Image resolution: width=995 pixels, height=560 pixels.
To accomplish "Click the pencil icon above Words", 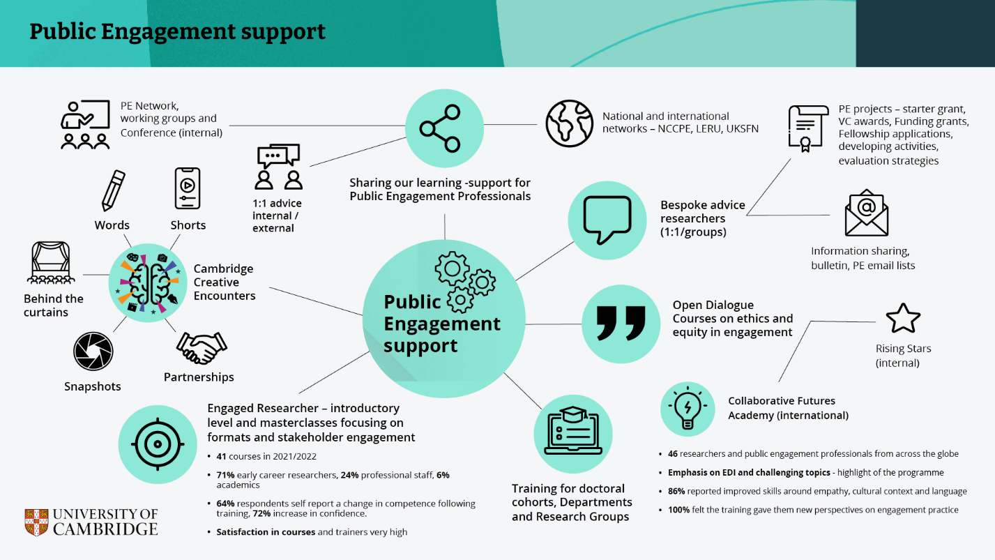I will pyautogui.click(x=113, y=190).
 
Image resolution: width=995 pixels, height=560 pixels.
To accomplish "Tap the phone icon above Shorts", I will pyautogui.click(x=188, y=188).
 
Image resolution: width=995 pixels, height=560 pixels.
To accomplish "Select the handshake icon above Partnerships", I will pyautogui.click(x=202, y=347).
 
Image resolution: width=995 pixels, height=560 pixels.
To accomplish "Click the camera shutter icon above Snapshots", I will pyautogui.click(x=93, y=351).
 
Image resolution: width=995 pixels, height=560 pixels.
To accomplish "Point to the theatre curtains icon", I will pyautogui.click(x=50, y=264).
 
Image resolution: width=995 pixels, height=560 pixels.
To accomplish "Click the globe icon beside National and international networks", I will pyautogui.click(x=569, y=123).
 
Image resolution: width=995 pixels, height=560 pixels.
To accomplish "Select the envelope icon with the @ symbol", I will pyautogui.click(x=867, y=213).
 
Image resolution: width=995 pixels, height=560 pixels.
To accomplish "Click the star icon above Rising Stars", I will pyautogui.click(x=903, y=318).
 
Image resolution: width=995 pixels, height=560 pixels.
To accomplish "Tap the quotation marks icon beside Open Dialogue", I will pyautogui.click(x=621, y=324).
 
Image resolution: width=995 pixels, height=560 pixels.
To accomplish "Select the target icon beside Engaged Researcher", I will pyautogui.click(x=157, y=444).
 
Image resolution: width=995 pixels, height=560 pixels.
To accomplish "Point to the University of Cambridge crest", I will pyautogui.click(x=38, y=522).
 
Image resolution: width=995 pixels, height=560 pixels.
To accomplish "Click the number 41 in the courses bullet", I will pyautogui.click(x=222, y=457).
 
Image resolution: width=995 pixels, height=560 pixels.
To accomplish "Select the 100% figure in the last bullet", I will pyautogui.click(x=678, y=510).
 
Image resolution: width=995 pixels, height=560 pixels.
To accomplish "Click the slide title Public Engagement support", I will pyautogui.click(x=177, y=32).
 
